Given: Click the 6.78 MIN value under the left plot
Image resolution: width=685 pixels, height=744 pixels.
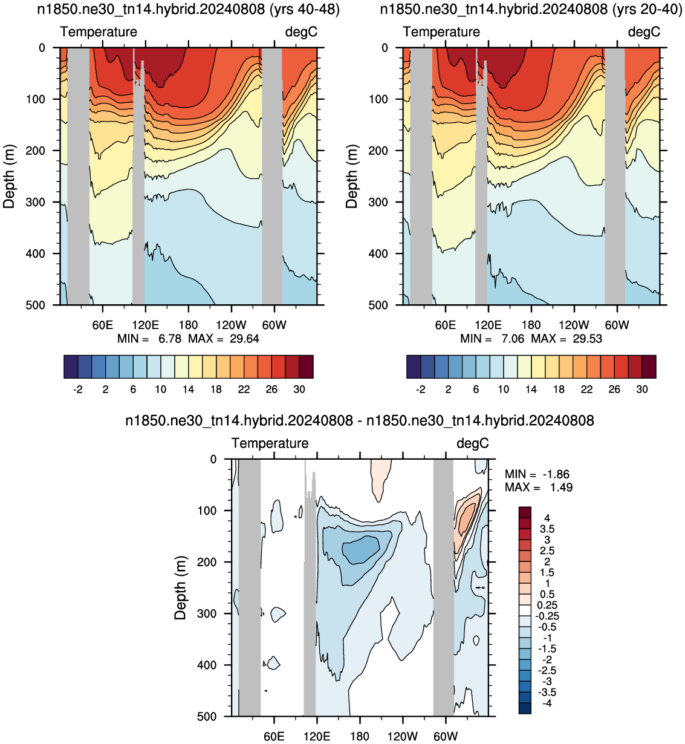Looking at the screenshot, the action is (x=170, y=339).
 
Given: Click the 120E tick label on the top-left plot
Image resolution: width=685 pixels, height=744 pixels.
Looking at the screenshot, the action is (x=145, y=325).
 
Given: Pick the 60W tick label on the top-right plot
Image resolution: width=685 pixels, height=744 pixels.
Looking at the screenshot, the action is (x=617, y=325).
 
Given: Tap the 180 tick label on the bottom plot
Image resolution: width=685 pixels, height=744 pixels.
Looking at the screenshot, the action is (x=360, y=737).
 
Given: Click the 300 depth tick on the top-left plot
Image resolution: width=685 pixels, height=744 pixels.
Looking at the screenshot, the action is (x=36, y=202).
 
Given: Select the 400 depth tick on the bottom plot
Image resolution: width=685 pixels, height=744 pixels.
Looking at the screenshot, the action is (x=208, y=665).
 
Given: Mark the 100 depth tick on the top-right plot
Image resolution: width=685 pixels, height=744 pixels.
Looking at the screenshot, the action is (x=379, y=99).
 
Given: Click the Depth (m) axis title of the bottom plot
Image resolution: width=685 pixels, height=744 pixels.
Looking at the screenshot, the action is (x=180, y=588).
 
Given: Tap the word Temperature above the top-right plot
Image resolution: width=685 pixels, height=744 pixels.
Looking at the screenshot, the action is (x=441, y=32).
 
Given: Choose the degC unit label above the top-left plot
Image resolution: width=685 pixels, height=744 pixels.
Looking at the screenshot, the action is (x=301, y=32).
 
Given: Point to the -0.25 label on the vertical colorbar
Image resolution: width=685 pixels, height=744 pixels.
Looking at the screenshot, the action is (x=547, y=616).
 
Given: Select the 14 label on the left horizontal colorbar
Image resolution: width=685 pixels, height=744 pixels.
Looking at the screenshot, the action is (x=189, y=390).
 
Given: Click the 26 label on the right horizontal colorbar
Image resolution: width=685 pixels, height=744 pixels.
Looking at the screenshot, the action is (x=614, y=390).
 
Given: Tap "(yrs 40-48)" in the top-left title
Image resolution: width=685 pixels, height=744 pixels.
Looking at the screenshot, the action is (x=304, y=9).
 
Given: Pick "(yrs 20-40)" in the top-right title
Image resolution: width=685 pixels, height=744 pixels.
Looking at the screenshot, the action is (x=647, y=9).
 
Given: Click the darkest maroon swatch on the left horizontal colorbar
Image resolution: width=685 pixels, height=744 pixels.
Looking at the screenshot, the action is (x=307, y=367).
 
